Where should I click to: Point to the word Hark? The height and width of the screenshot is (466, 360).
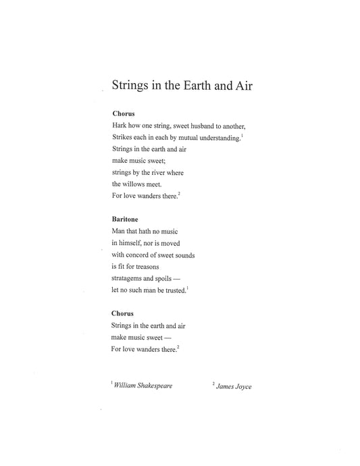coord(118,126)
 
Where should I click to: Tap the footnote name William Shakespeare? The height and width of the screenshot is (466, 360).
coord(143,386)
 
